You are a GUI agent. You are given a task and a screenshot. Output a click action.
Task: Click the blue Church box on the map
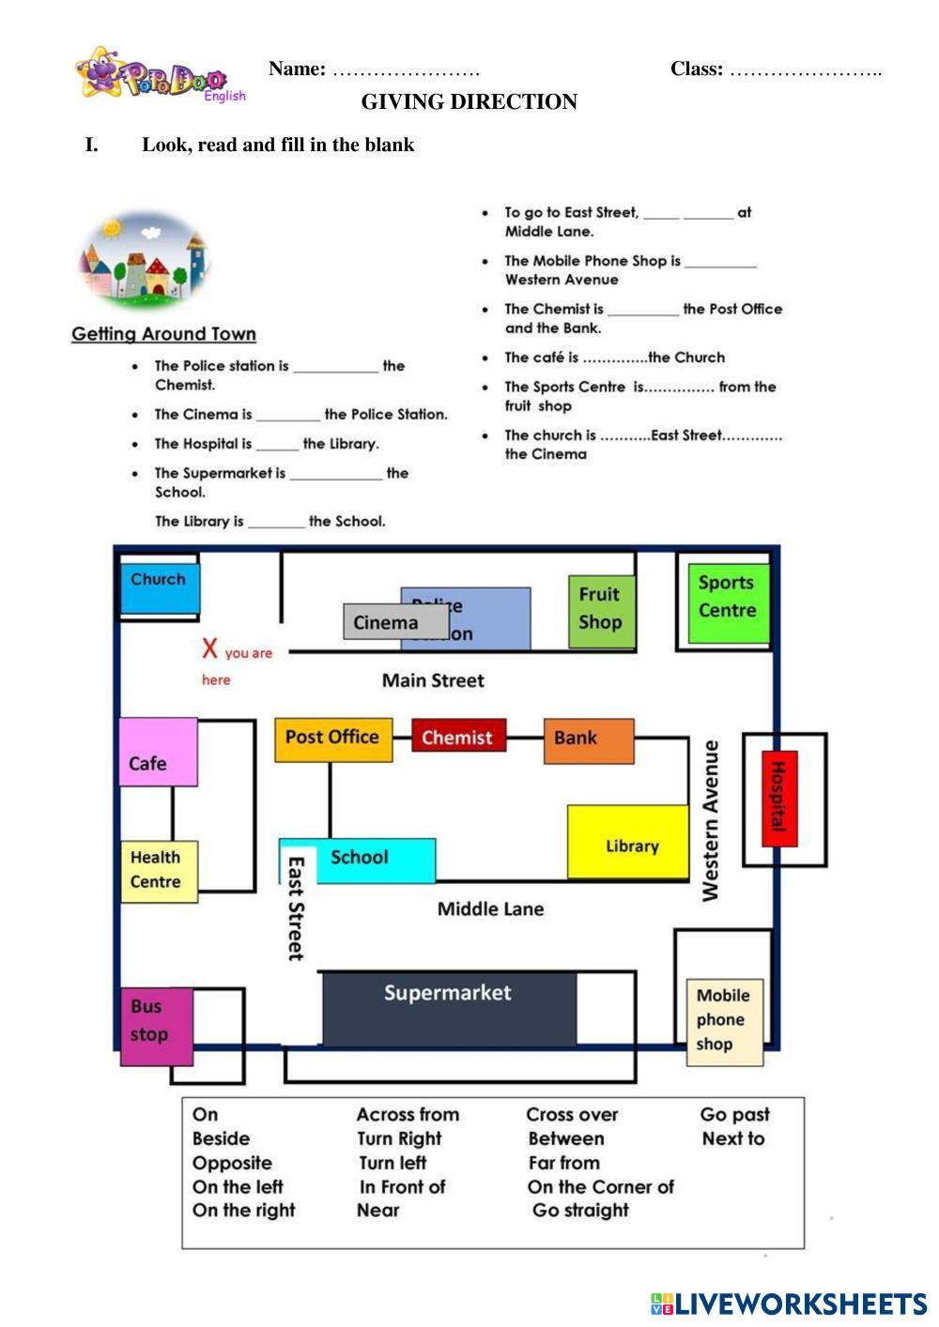click(159, 587)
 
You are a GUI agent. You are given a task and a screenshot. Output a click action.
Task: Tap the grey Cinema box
click(394, 622)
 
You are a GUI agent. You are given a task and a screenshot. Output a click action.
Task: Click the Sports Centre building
click(727, 602)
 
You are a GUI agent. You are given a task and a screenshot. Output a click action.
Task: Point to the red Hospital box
click(778, 798)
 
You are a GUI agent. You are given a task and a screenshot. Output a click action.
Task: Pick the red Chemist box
click(458, 737)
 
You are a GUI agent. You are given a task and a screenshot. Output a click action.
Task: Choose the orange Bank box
click(589, 740)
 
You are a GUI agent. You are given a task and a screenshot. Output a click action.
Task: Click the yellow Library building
click(627, 842)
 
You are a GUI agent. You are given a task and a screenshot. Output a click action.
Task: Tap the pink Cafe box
click(157, 753)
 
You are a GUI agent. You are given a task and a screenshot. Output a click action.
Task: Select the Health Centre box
click(159, 871)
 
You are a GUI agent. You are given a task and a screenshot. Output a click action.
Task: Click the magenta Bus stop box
click(156, 1026)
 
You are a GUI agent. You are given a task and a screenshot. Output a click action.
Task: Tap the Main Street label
click(433, 680)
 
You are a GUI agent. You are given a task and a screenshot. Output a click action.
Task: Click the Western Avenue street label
click(711, 821)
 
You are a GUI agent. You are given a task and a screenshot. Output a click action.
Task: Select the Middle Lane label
click(490, 908)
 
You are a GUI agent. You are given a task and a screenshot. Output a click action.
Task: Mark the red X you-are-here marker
click(209, 648)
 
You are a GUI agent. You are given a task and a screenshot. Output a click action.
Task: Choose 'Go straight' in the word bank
click(580, 1210)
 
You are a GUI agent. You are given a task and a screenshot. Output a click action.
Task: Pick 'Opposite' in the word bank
click(232, 1163)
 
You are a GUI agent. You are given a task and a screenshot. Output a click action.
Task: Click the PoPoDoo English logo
click(160, 74)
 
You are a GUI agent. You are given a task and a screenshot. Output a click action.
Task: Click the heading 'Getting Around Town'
click(163, 334)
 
